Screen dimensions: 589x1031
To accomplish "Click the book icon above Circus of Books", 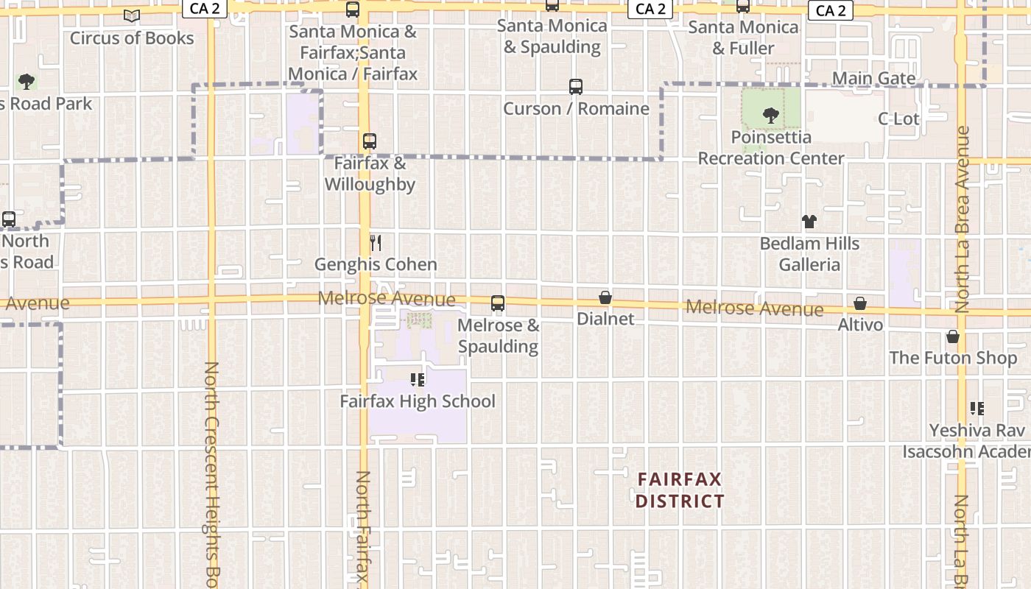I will point(132,15).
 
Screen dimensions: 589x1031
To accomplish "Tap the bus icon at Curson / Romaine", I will point(576,87).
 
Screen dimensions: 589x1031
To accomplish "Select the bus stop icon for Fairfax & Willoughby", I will point(370,141).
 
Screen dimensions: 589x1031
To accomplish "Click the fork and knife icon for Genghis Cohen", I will point(376,243).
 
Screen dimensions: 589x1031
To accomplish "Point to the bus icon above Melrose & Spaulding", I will point(498,303).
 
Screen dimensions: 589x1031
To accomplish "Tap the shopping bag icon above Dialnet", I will point(605,297).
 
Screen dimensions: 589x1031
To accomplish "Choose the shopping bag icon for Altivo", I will point(860,303).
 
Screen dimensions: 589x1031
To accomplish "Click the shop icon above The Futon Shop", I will point(953,336).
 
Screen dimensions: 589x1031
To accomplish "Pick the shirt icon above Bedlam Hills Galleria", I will point(809,222).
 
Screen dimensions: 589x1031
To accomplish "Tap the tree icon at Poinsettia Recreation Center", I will point(771,115).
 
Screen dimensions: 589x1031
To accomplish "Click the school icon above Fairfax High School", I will point(418,380).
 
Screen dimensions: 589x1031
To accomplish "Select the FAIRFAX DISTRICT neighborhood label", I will point(680,490).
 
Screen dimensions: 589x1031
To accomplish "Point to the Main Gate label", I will point(874,78).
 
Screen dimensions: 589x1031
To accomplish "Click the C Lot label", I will point(898,119).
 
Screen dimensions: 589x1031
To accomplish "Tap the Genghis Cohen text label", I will point(376,264).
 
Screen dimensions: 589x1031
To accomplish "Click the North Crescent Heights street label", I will point(211,471).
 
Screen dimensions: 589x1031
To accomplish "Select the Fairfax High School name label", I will point(418,401).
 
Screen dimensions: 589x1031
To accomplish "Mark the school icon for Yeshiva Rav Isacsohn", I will point(977,408).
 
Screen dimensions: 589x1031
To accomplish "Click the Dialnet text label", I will point(605,319).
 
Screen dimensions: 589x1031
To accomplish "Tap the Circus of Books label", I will point(132,38).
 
